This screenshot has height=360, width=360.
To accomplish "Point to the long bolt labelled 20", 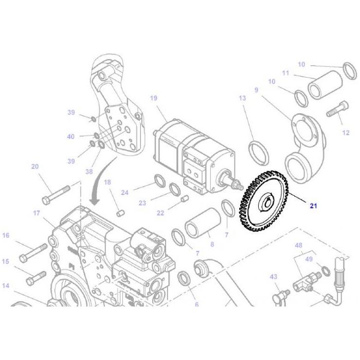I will (57, 192).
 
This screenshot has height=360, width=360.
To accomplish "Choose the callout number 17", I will (37, 213).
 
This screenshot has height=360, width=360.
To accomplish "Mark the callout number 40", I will (70, 136).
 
